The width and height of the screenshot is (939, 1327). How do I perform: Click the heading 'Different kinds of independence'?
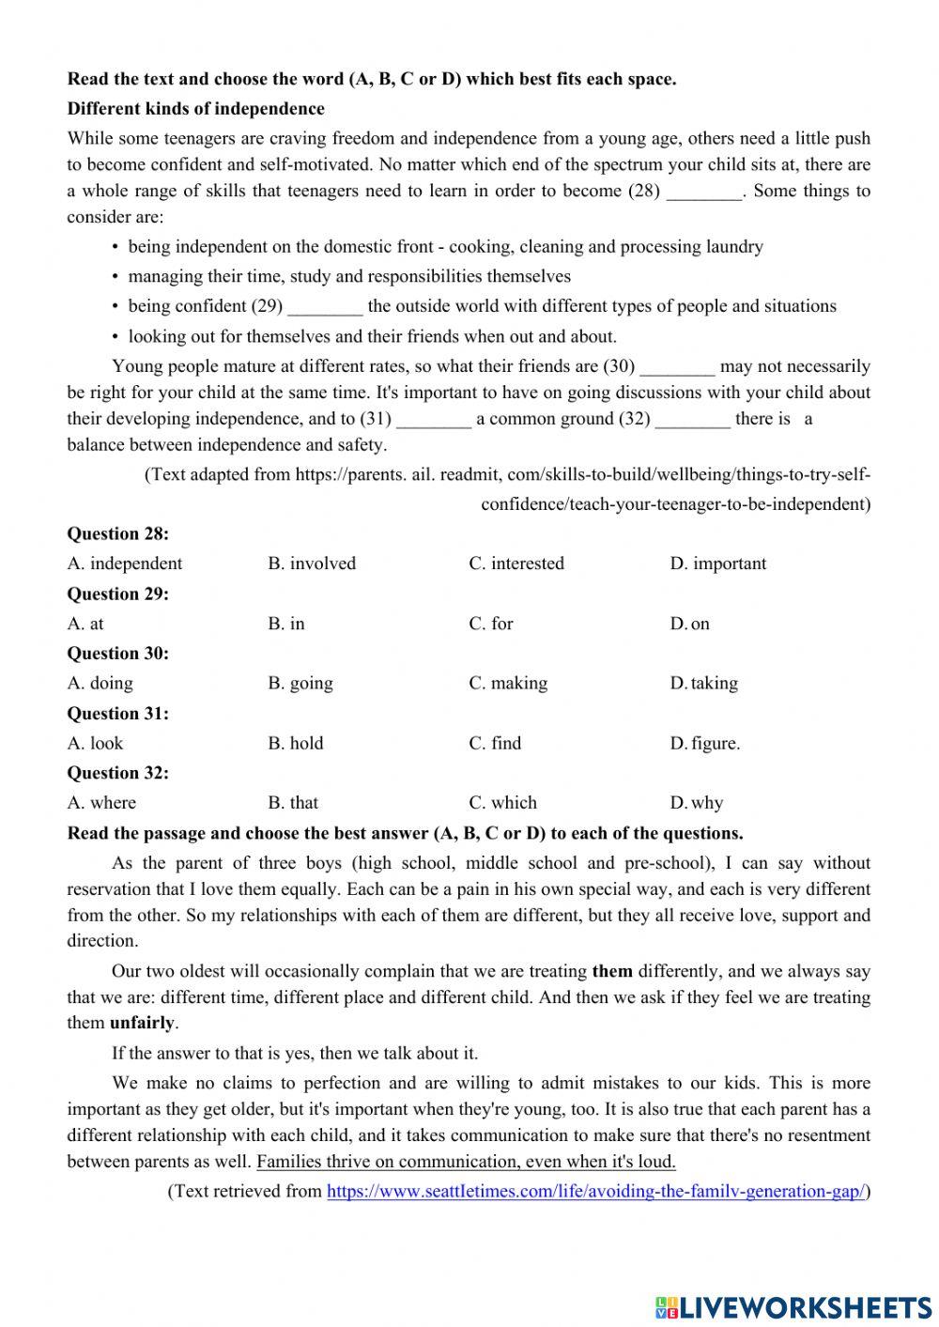pyautogui.click(x=195, y=109)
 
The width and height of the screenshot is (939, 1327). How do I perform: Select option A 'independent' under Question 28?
pyautogui.click(x=125, y=563)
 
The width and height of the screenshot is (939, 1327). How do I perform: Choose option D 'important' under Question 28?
pyautogui.click(x=717, y=563)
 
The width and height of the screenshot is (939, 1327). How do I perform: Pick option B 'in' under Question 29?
pyautogui.click(x=286, y=624)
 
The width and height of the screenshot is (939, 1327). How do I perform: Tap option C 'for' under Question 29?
pyautogui.click(x=491, y=624)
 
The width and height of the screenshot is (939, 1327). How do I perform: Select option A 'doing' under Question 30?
pyautogui.click(x=100, y=684)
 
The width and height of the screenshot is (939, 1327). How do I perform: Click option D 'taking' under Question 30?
pyautogui.click(x=703, y=684)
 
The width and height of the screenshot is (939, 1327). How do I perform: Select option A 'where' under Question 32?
pyautogui.click(x=101, y=803)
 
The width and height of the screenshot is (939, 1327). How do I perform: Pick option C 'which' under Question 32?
pyautogui.click(x=503, y=803)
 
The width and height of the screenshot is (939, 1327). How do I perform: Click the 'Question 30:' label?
pyautogui.click(x=117, y=654)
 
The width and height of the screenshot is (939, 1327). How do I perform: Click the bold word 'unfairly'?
pyautogui.click(x=143, y=1024)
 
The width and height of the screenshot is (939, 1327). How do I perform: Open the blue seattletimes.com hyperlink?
pyautogui.click(x=595, y=1192)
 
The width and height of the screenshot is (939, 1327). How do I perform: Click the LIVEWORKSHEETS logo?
pyautogui.click(x=793, y=1306)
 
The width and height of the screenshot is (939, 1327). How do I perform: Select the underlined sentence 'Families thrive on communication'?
pyautogui.click(x=466, y=1162)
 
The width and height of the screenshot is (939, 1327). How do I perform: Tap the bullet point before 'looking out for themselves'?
pyautogui.click(x=115, y=337)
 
